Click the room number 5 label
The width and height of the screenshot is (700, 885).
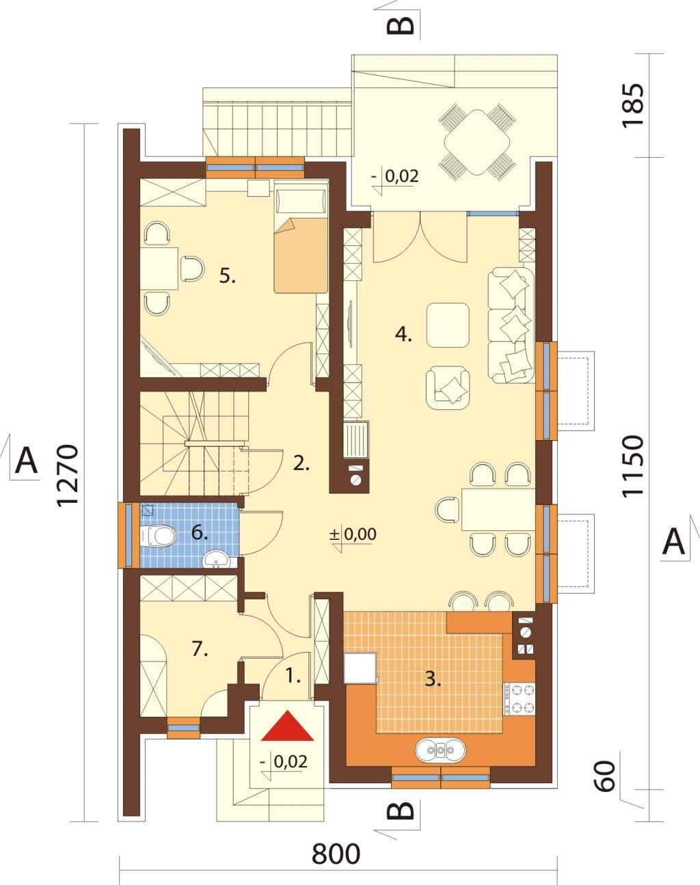click(x=227, y=276)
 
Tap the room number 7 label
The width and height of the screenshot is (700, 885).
click(x=200, y=649)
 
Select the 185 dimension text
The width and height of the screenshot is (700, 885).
click(x=632, y=106)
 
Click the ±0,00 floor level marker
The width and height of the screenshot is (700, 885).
click(x=353, y=534)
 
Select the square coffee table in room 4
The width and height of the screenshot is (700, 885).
click(x=448, y=325)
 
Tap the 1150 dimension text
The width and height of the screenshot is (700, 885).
click(x=632, y=466)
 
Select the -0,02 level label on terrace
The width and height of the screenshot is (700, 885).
click(x=394, y=176)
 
